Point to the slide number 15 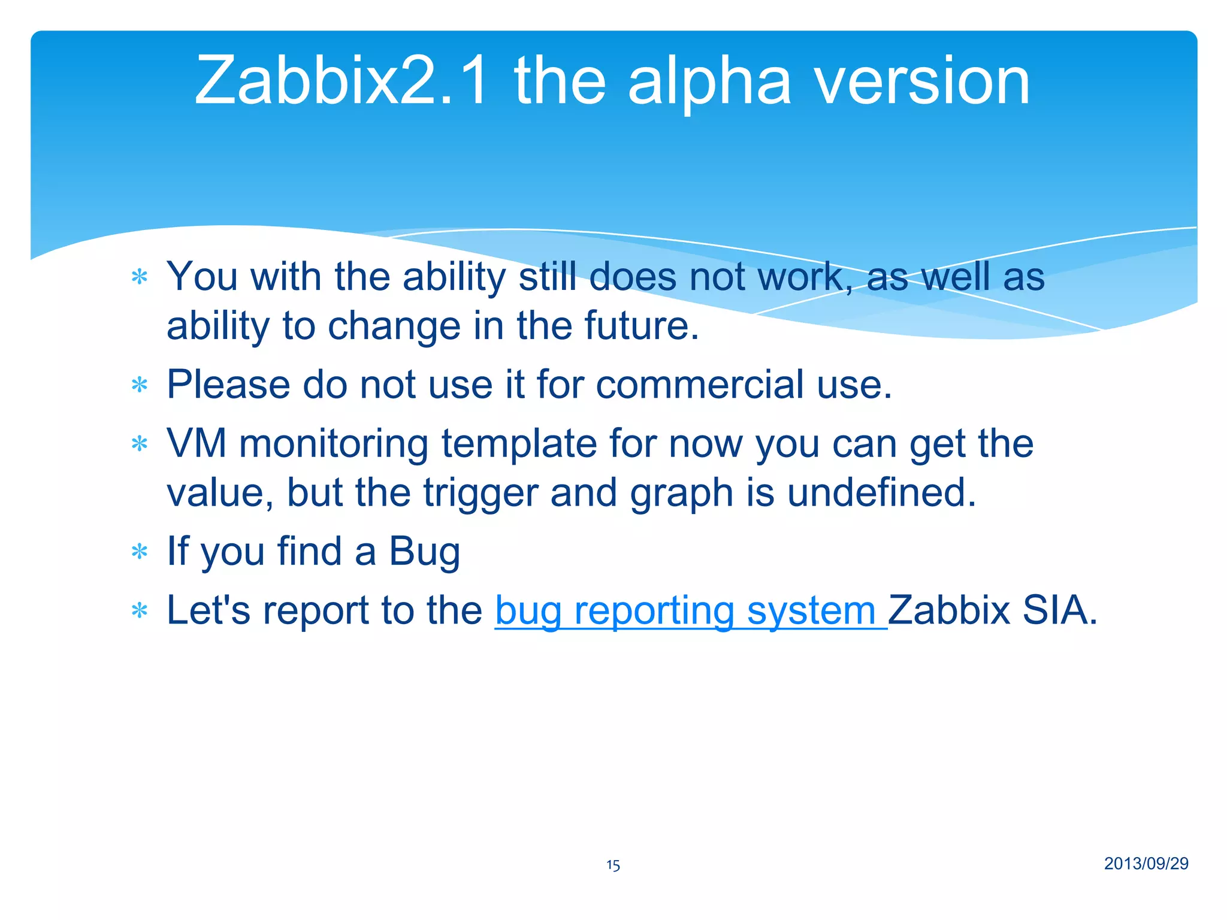coord(613,865)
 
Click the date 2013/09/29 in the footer coord(1146,863)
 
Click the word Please coord(228,385)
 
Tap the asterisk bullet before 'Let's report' coord(140,612)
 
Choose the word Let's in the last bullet coord(208,610)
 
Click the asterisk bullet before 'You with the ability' coord(140,278)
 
